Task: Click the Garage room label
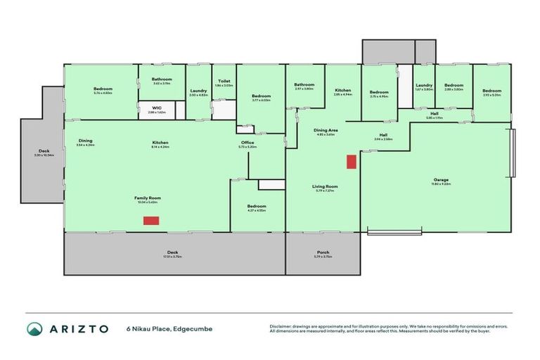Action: click(442, 181)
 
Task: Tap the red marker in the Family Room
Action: click(151, 221)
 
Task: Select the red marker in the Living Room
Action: click(351, 162)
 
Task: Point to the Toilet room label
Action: click(224, 82)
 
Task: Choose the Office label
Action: click(247, 143)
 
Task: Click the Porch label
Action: click(323, 252)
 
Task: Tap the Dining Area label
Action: click(326, 130)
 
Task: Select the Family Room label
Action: click(148, 198)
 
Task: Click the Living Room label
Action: click(326, 186)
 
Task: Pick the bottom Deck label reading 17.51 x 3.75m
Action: click(172, 252)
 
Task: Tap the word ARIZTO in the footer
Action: click(78, 328)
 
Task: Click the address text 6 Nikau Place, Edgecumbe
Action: click(169, 328)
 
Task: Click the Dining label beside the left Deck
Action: click(85, 140)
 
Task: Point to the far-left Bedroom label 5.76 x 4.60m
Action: click(103, 89)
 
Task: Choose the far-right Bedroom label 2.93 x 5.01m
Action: click(491, 91)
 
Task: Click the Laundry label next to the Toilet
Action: click(198, 91)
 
